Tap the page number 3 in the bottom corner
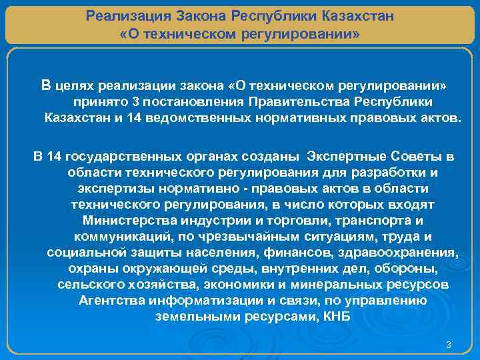pyautogui.click(x=449, y=345)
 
